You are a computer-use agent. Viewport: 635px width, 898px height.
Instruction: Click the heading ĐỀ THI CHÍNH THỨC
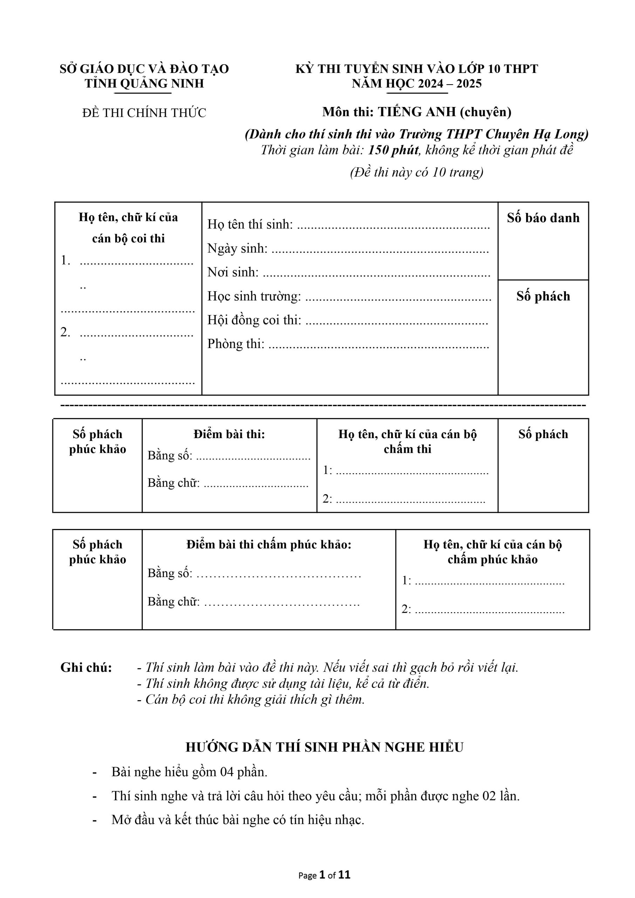[x=144, y=113]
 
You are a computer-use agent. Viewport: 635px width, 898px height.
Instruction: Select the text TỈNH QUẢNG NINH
[x=144, y=83]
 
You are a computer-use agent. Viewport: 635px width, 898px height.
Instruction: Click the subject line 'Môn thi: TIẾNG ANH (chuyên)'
[x=416, y=112]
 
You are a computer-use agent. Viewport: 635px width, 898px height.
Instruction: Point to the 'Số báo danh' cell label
[x=543, y=218]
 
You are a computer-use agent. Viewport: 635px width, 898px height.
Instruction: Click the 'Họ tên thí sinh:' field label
[x=250, y=224]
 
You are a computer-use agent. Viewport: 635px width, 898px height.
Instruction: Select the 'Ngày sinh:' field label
[x=237, y=248]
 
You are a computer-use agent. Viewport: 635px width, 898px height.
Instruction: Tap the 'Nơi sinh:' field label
[x=233, y=272]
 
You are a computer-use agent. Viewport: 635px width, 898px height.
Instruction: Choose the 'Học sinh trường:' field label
[x=254, y=296]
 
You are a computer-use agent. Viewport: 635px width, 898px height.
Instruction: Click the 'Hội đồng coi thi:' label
[x=254, y=320]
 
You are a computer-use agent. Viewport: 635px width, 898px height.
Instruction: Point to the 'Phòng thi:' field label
[x=236, y=343]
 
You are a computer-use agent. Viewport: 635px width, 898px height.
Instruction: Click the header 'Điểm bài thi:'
[x=229, y=434]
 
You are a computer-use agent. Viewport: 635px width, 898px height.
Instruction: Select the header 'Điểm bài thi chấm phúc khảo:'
[x=269, y=544]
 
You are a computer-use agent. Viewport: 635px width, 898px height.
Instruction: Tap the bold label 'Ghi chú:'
[x=86, y=668]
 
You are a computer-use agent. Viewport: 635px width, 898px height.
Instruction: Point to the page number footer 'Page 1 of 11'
[x=324, y=875]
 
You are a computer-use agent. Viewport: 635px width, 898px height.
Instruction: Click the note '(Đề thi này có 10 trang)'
[x=416, y=172]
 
